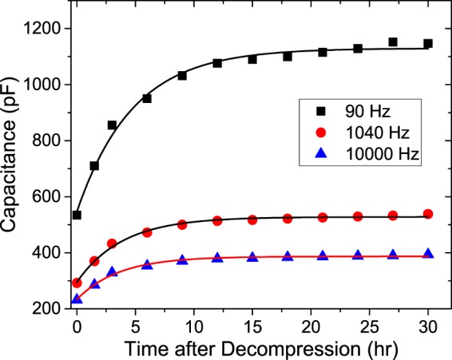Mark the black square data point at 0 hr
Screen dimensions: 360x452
tap(77, 215)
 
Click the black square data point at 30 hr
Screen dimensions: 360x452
tap(428, 44)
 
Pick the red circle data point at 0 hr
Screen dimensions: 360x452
tap(77, 283)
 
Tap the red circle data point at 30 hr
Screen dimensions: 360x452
tap(428, 214)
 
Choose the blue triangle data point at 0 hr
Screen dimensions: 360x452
tap(77, 299)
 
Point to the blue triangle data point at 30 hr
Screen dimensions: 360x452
tap(428, 253)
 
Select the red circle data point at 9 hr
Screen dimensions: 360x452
tap(182, 224)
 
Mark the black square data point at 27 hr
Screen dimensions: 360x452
tap(393, 42)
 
